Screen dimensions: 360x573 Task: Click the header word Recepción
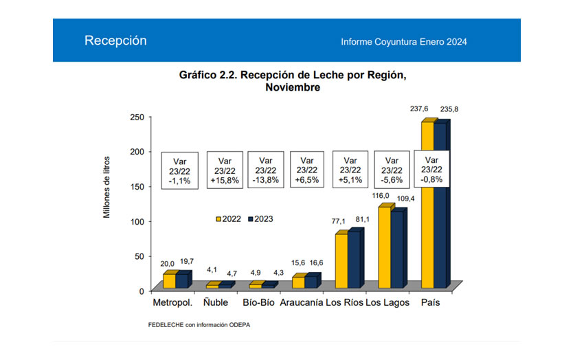115,41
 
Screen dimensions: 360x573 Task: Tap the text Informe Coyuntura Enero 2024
403,42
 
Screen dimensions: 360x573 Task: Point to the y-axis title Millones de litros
106,187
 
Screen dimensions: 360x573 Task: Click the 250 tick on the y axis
136,117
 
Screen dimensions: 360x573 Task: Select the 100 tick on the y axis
136,221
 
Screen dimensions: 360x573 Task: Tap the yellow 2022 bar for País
427,206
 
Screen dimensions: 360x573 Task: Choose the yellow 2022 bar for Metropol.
169,281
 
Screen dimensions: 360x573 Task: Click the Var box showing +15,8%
223,170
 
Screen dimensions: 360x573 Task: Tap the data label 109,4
404,199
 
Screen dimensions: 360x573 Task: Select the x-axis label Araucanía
302,303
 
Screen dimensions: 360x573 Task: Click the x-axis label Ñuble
216,303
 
